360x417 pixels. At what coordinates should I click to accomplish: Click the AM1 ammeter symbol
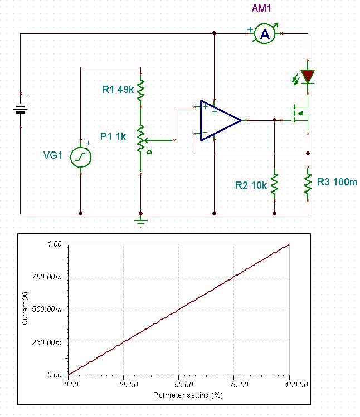(x=265, y=34)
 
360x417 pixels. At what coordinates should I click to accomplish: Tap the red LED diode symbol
(x=308, y=76)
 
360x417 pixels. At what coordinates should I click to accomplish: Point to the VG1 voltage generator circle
(x=80, y=158)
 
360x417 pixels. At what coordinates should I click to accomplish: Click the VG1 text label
(x=55, y=156)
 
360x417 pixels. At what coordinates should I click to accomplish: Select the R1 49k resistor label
(x=117, y=89)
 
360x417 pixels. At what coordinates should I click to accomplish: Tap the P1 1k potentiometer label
(x=113, y=135)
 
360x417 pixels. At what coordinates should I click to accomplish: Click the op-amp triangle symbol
(x=220, y=120)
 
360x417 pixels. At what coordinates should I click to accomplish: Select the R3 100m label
(x=336, y=181)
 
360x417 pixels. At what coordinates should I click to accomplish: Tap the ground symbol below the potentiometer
(x=141, y=221)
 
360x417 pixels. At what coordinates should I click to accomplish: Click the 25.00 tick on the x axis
(x=123, y=384)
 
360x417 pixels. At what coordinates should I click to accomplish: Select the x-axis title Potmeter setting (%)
(x=179, y=395)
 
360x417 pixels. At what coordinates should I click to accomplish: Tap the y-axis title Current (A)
(x=25, y=310)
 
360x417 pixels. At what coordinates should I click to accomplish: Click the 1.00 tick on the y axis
(x=54, y=244)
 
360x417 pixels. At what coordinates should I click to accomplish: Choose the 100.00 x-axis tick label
(x=289, y=384)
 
